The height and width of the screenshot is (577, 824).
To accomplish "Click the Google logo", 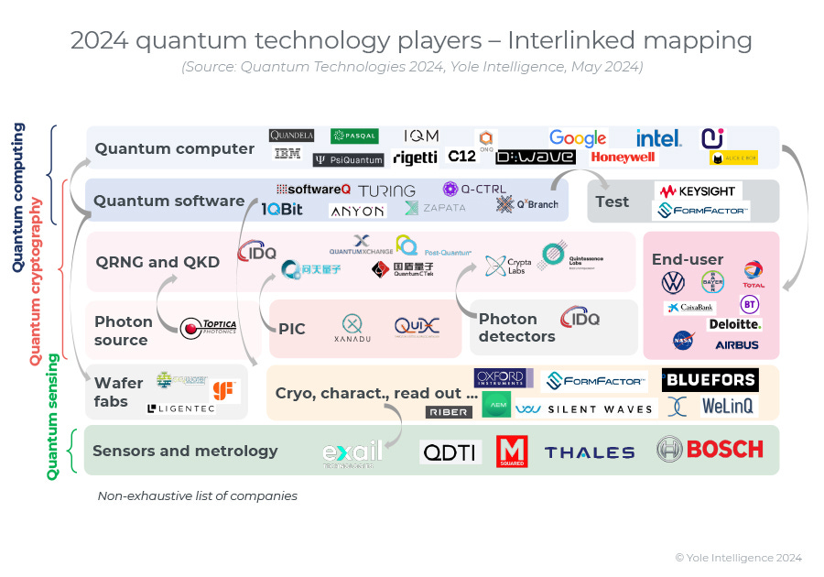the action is [x=578, y=138].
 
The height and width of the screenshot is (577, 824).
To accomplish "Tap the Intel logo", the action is [x=659, y=138].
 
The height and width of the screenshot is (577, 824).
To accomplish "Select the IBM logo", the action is [x=287, y=154].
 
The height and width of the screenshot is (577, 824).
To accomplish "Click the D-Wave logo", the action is [x=536, y=157].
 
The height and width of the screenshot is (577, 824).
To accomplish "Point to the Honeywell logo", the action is [x=623, y=157].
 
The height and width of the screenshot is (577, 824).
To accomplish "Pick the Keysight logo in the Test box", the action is [x=699, y=191].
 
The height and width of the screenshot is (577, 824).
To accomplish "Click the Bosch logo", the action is [x=710, y=449].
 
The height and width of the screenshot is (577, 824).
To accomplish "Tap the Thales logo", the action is [x=590, y=452].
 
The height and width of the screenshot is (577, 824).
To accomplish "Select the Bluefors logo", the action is [x=710, y=379].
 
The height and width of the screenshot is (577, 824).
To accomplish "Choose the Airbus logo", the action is [x=737, y=344].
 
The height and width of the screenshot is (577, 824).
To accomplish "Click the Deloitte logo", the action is [x=734, y=324].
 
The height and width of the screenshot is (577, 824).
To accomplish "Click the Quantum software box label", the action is [x=168, y=201].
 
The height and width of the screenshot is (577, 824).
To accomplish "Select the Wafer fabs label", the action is [x=118, y=392].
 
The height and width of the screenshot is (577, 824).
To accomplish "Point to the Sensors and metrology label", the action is [x=185, y=451].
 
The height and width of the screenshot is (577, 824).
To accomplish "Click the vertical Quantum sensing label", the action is [x=52, y=417].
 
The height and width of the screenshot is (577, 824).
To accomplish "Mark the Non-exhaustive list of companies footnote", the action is [x=198, y=495].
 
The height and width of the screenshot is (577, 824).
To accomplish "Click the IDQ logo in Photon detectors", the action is [x=580, y=318].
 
